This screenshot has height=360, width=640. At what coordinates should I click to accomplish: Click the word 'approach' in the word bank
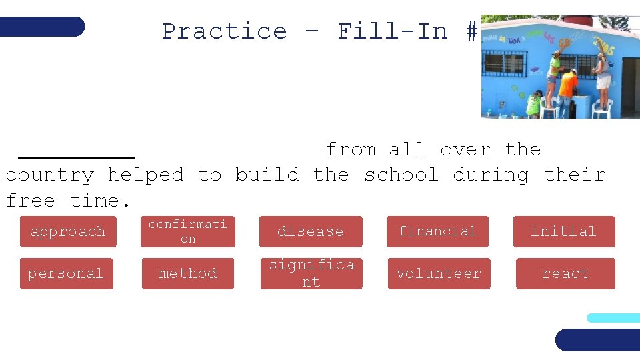(x=67, y=231)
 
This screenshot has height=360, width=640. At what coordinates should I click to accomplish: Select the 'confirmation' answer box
(x=188, y=231)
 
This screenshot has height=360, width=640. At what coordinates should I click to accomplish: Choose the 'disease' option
(x=311, y=231)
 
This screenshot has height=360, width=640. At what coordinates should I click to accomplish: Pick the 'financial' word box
(x=437, y=231)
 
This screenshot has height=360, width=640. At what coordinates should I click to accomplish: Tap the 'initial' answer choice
(x=563, y=231)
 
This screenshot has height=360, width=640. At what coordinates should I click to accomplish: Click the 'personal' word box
(x=66, y=273)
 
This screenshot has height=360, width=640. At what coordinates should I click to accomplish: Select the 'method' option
(x=188, y=273)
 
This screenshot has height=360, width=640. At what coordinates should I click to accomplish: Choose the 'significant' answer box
(x=311, y=273)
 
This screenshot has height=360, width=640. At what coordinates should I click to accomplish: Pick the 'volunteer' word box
(x=439, y=273)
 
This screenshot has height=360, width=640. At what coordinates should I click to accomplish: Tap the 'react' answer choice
(x=565, y=273)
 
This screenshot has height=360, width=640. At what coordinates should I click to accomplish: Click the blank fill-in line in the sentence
(x=77, y=156)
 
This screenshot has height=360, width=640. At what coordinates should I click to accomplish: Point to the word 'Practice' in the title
(x=224, y=31)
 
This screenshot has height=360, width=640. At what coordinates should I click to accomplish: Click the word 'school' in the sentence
(x=401, y=175)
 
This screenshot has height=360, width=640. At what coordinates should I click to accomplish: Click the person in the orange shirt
(x=567, y=90)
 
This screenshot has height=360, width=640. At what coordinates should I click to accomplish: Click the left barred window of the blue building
(x=503, y=64)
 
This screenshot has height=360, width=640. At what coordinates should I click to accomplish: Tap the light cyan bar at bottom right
(x=613, y=318)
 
